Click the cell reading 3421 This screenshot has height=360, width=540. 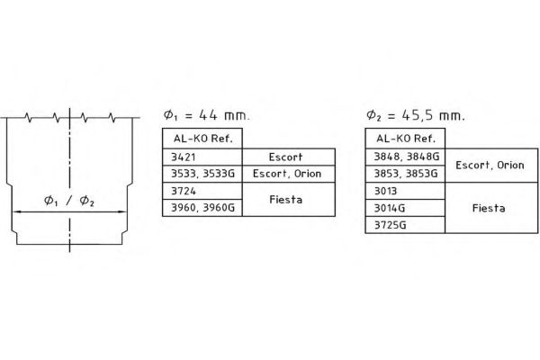(x=202, y=157)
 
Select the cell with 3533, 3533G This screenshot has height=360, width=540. (x=202, y=174)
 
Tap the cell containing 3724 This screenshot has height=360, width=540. (x=202, y=191)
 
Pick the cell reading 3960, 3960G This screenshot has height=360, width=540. (x=202, y=208)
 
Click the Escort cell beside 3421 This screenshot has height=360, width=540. (x=289, y=157)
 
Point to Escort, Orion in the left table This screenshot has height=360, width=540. (x=289, y=174)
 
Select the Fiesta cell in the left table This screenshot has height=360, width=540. (x=289, y=200)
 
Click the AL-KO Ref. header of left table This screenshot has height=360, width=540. (x=202, y=139)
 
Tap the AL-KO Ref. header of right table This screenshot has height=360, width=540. (x=405, y=139)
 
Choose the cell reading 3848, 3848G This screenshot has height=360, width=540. (x=405, y=157)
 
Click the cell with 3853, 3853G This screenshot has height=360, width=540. (x=405, y=174)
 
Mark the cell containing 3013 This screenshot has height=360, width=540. (x=405, y=191)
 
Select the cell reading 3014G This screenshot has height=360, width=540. (x=405, y=208)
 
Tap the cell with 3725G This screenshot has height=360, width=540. (x=405, y=225)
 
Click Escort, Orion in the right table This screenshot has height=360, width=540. (x=491, y=166)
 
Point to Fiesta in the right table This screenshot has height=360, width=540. (x=491, y=208)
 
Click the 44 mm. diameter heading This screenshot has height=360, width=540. (x=206, y=115)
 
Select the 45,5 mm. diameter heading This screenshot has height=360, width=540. (x=416, y=115)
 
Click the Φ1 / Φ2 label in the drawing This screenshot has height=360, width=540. (x=69, y=201)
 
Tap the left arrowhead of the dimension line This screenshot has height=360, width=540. (x=16, y=211)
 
